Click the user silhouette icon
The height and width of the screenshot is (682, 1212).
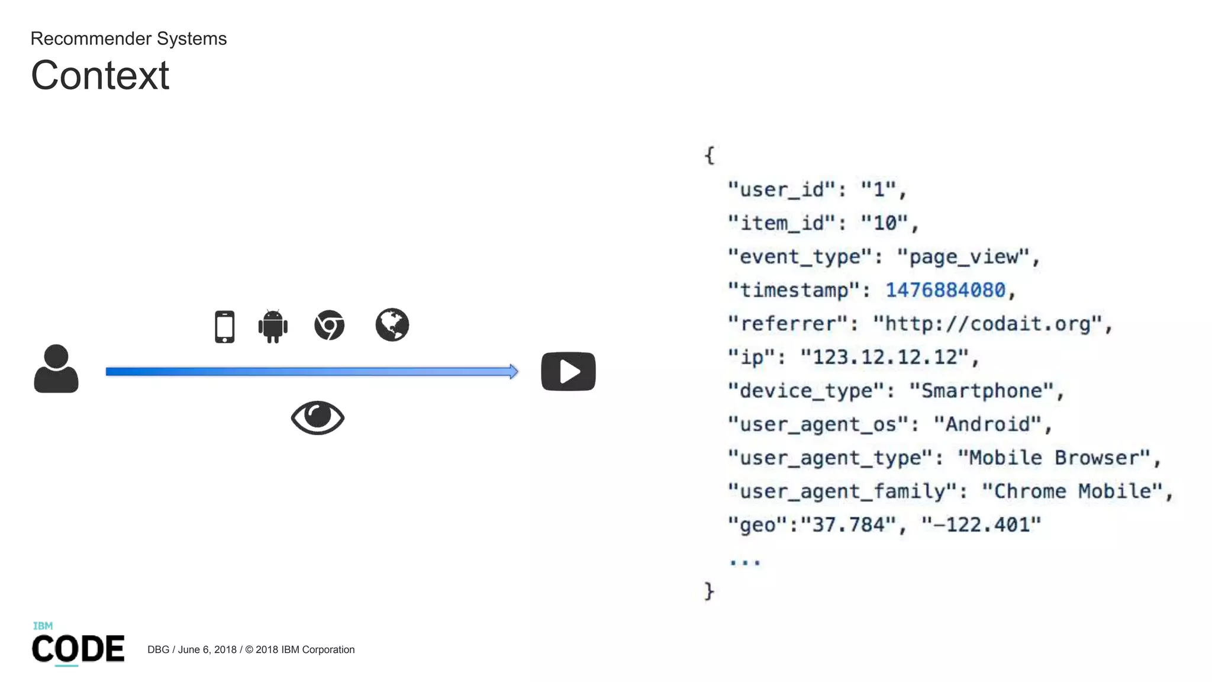[x=56, y=368]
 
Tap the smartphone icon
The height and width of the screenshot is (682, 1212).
[x=224, y=326]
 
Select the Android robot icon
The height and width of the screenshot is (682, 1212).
[x=273, y=326]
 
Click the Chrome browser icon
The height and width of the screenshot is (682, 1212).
[x=330, y=325]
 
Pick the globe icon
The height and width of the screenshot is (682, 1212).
[x=392, y=324]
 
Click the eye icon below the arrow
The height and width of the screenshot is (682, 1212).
[x=318, y=417]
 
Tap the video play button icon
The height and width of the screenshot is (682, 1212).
[x=568, y=371]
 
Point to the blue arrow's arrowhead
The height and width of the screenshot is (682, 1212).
[x=513, y=371]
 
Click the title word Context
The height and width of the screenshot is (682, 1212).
[x=100, y=76]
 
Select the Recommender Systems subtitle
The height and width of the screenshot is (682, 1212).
[x=128, y=38]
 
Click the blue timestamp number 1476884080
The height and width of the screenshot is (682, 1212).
[x=945, y=290]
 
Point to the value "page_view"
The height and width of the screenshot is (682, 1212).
[x=964, y=256]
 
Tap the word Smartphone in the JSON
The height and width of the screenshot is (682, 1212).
[x=982, y=391]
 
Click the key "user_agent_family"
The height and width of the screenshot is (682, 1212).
[x=843, y=491]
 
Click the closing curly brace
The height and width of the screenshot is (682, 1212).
[x=709, y=591]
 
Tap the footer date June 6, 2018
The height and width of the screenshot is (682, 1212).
[x=207, y=649]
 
